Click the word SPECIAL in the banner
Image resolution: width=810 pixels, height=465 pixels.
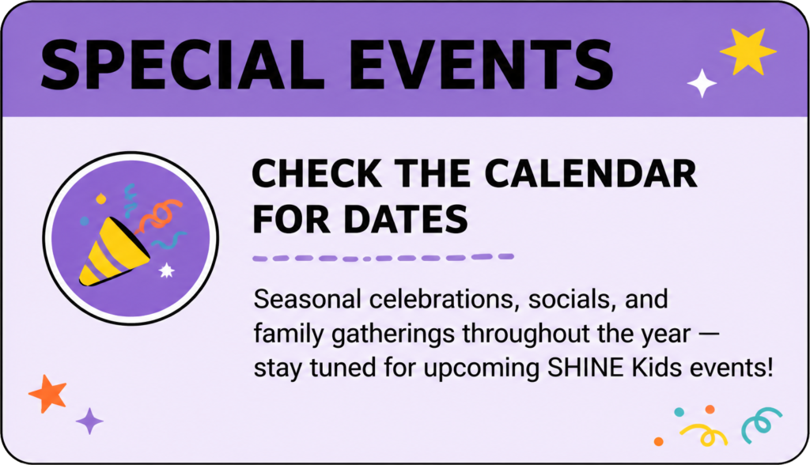pyautogui.click(x=182, y=65)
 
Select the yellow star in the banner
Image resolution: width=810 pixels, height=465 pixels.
pyautogui.click(x=748, y=51)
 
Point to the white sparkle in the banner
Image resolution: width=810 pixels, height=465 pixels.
pyautogui.click(x=702, y=83)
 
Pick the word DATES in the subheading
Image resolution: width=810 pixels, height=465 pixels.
pyautogui.click(x=406, y=219)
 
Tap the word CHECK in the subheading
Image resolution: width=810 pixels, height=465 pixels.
pyautogui.click(x=317, y=174)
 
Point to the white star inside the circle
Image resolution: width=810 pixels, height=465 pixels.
pyautogui.click(x=166, y=270)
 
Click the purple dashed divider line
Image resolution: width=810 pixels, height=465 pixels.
pyautogui.click(x=383, y=257)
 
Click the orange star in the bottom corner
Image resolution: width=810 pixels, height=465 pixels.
pyautogui.click(x=48, y=394)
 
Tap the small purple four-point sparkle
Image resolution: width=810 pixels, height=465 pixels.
pyautogui.click(x=89, y=421)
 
